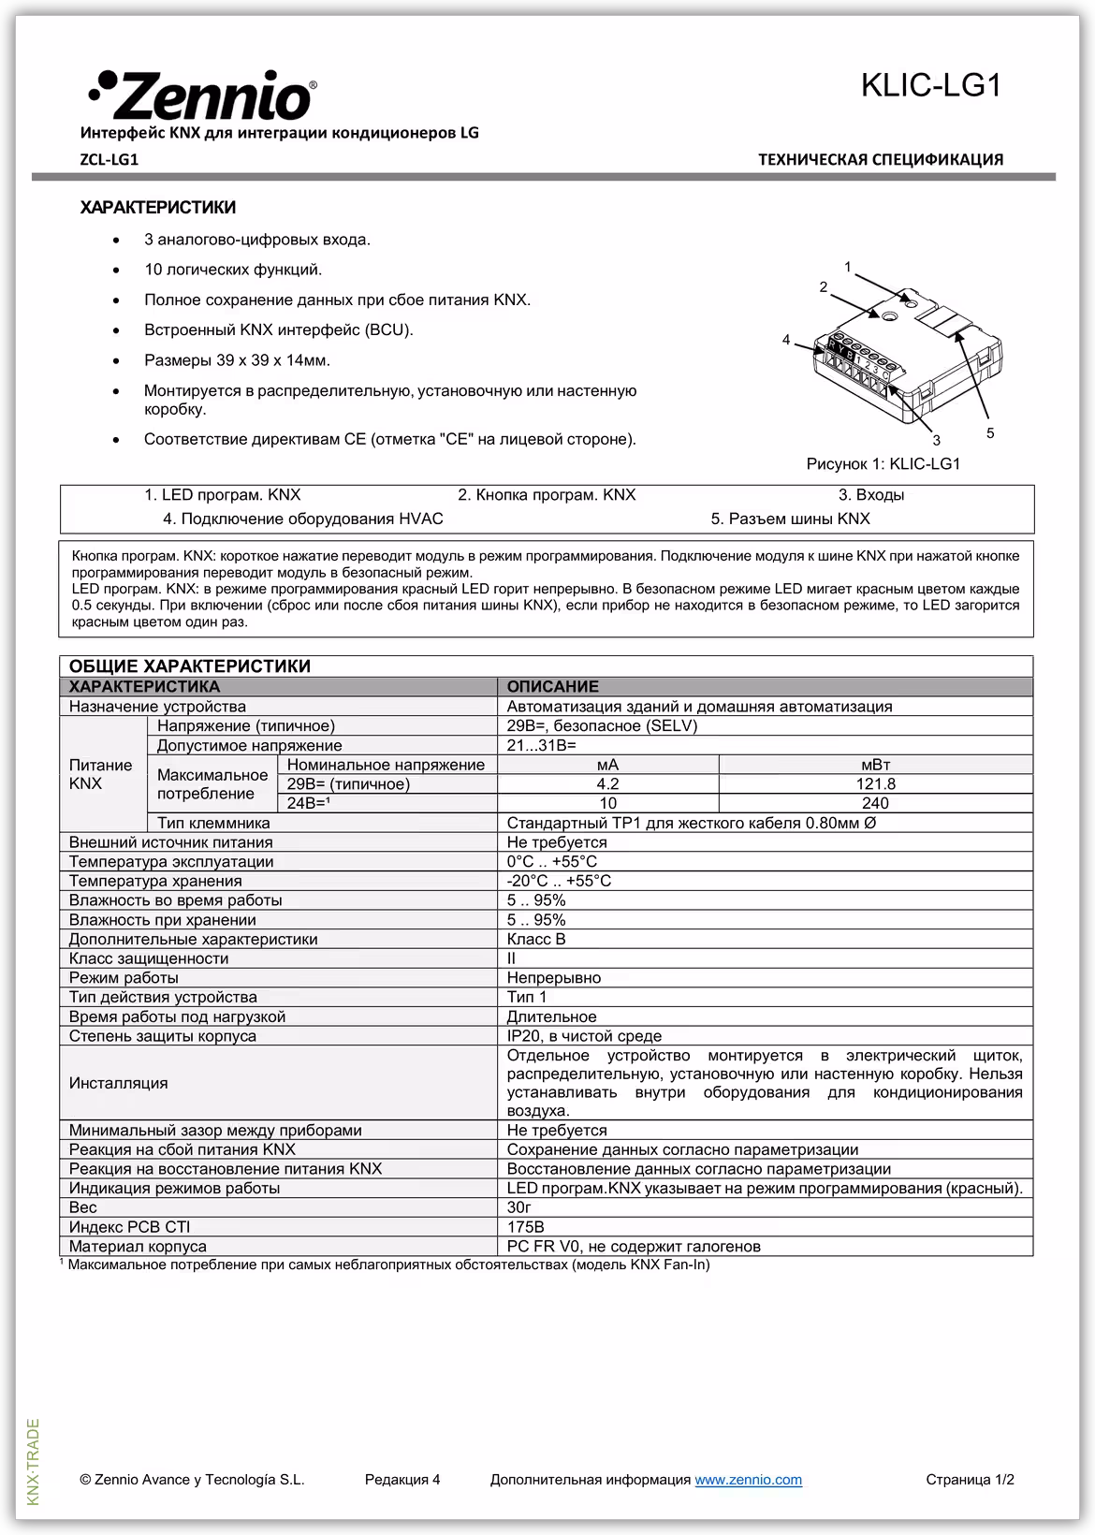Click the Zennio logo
coord(202,95)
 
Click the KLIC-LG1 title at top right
coord(931,86)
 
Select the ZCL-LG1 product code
coord(109,159)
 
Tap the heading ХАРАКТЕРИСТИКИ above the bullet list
coord(158,208)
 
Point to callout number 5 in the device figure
coord(990,433)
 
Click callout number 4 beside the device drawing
coord(786,339)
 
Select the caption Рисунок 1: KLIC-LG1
coord(883,464)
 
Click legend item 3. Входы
coord(870,495)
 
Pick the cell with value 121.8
coord(875,784)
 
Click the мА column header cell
coord(607,765)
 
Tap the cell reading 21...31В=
coord(542,746)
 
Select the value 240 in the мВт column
coord(875,804)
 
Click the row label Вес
coord(83,1207)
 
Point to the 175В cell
coord(526,1227)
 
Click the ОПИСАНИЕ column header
coord(552,687)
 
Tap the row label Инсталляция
coord(119,1083)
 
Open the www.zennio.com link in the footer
coord(748,1480)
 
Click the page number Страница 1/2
coord(970,1480)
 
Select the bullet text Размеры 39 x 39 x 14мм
coord(237,360)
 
